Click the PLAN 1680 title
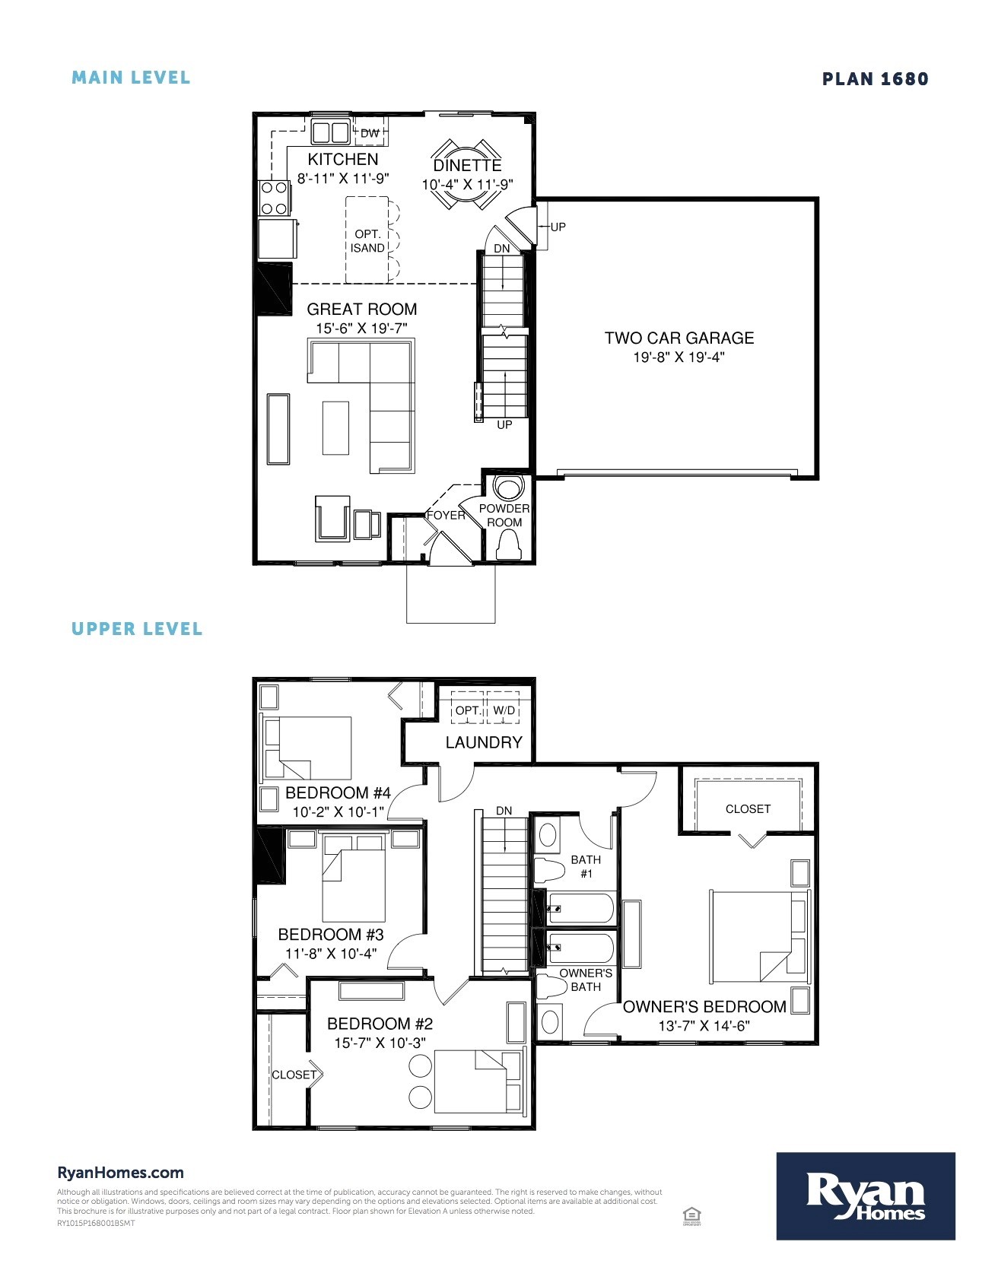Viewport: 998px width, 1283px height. click(x=875, y=79)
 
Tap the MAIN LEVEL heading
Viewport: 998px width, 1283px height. click(x=131, y=78)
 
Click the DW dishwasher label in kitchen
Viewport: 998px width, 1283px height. click(x=370, y=134)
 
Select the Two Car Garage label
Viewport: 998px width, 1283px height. click(x=679, y=338)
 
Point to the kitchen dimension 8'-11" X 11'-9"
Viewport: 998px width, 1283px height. click(x=343, y=179)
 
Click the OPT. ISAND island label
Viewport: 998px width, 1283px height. click(x=367, y=241)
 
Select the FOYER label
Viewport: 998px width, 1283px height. click(x=446, y=515)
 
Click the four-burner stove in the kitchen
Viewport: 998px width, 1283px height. click(x=273, y=198)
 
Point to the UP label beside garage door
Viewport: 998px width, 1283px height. click(x=558, y=227)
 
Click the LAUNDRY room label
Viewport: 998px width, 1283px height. click(x=484, y=742)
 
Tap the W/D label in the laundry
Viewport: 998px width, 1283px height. click(x=504, y=710)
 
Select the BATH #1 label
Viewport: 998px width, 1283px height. click(x=586, y=866)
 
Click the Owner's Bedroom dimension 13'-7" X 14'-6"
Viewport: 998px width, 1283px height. click(x=704, y=1026)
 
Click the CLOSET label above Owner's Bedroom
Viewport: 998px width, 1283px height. click(x=748, y=809)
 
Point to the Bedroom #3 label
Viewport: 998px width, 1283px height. click(x=331, y=935)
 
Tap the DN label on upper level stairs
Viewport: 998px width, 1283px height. click(x=504, y=811)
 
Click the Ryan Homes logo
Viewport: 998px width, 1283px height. click(x=865, y=1196)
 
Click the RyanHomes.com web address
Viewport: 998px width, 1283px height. click(x=120, y=1173)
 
